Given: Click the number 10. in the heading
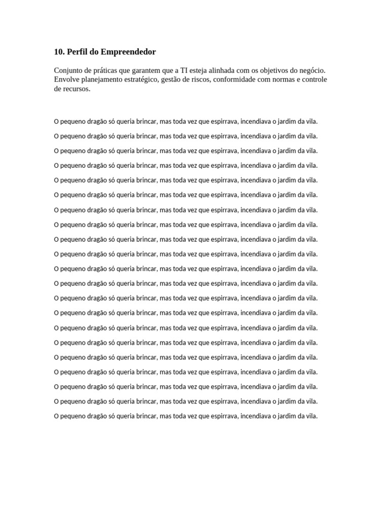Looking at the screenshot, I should tap(59, 52).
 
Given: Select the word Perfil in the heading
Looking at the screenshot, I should tap(77, 52).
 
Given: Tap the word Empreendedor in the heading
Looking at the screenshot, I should tap(129, 52).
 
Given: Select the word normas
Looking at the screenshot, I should tap(286, 80).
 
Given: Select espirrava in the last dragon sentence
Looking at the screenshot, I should tap(224, 416).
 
